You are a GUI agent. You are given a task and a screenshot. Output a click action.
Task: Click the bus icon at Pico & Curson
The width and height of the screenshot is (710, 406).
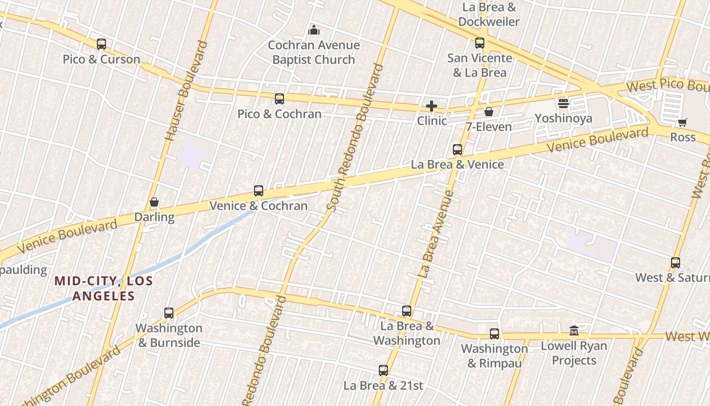tap(101, 44)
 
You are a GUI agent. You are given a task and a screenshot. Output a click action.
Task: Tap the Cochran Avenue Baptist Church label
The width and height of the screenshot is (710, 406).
tap(313, 52)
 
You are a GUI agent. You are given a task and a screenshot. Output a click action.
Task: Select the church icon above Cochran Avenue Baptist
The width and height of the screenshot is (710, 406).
tap(314, 30)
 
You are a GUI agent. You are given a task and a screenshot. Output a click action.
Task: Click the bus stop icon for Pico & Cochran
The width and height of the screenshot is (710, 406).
tap(279, 99)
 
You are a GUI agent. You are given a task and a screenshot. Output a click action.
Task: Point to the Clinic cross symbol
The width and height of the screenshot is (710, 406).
tap(432, 106)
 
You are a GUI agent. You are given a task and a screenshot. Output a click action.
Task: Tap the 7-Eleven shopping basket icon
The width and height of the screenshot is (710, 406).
tap(489, 112)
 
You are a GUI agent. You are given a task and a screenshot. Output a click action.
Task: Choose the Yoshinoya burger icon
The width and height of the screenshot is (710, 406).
tap(563, 104)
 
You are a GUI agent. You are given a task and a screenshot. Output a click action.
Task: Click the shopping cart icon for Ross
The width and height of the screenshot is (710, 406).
tap(683, 122)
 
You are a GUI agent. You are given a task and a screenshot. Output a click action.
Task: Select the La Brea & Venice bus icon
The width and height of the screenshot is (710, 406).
tap(457, 150)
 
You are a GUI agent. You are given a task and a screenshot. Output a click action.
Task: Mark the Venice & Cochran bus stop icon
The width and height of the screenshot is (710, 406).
tap(259, 191)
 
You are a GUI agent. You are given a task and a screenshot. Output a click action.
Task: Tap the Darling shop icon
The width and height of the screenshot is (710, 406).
tap(154, 202)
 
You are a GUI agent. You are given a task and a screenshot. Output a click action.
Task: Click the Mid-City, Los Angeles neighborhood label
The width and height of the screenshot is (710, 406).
tap(103, 288)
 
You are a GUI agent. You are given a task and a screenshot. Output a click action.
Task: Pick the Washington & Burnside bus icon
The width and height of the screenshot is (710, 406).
tap(169, 313)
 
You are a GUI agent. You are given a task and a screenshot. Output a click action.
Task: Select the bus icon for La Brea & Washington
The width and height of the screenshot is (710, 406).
tap(407, 311)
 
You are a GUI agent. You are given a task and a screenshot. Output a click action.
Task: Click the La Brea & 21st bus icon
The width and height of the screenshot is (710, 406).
tap(383, 370)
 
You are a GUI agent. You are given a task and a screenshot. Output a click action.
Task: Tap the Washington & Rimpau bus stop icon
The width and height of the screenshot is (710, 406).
tap(494, 334)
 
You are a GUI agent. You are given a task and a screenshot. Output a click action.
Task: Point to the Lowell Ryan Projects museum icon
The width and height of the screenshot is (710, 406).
tap(574, 331)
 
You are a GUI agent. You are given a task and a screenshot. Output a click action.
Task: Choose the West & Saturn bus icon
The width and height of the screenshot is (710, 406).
tap(676, 263)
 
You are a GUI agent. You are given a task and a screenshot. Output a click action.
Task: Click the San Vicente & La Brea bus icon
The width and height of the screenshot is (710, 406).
tap(480, 43)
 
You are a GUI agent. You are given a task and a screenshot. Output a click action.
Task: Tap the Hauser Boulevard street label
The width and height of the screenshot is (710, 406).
tap(187, 91)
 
